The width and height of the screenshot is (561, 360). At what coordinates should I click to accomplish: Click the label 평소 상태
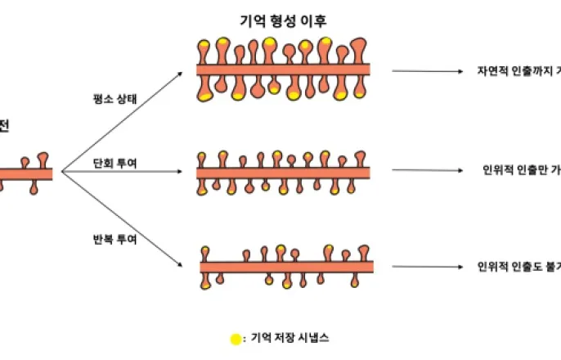[114, 101]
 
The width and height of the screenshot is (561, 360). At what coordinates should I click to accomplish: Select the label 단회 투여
[114, 163]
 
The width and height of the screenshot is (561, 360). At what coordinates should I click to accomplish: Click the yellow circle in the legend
[236, 338]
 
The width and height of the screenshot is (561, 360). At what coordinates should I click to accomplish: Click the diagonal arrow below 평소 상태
[123, 121]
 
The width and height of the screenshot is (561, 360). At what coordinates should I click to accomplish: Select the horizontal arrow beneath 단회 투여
[123, 173]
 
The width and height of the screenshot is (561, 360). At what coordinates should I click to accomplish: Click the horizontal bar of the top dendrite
[283, 70]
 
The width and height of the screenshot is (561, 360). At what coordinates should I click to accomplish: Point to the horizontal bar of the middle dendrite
[283, 173]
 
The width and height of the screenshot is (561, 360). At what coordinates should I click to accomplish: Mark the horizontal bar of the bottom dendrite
[287, 267]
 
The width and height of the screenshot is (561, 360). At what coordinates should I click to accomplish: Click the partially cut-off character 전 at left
[4, 125]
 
